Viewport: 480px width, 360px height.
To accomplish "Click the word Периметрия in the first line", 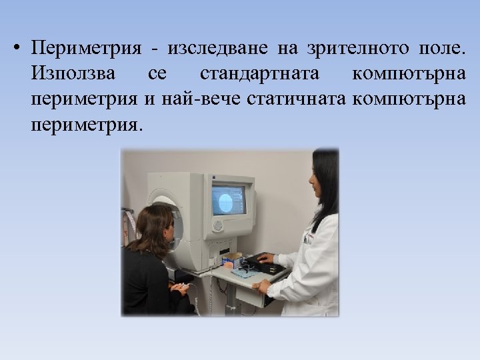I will pyautogui.click(x=86, y=49).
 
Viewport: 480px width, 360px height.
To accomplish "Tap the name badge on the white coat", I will pyautogui.click(x=308, y=237).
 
